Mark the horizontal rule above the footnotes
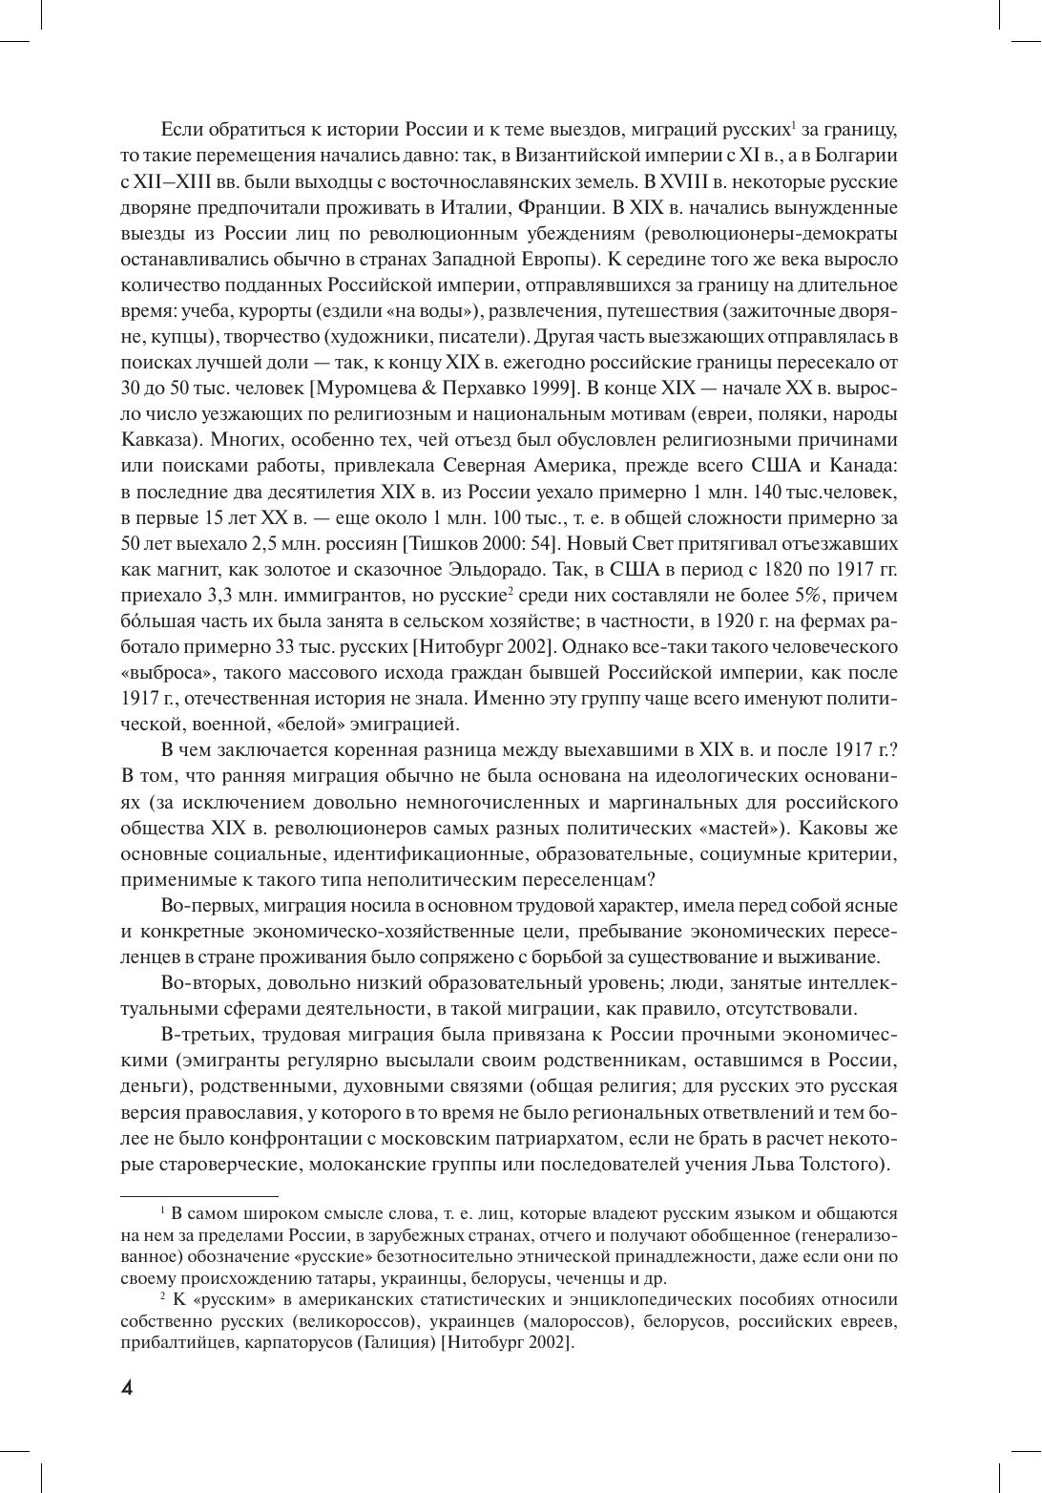tap(199, 1194)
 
